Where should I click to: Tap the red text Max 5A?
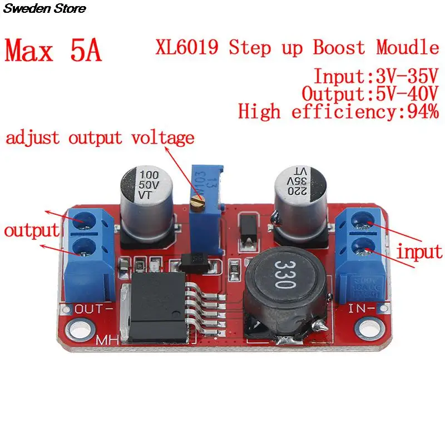click(x=54, y=51)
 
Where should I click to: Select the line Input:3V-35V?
click(x=376, y=76)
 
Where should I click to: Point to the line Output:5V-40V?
click(x=370, y=93)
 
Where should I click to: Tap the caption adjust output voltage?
click(x=101, y=137)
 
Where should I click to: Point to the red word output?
click(x=32, y=231)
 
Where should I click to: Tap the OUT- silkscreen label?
click(x=94, y=308)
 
